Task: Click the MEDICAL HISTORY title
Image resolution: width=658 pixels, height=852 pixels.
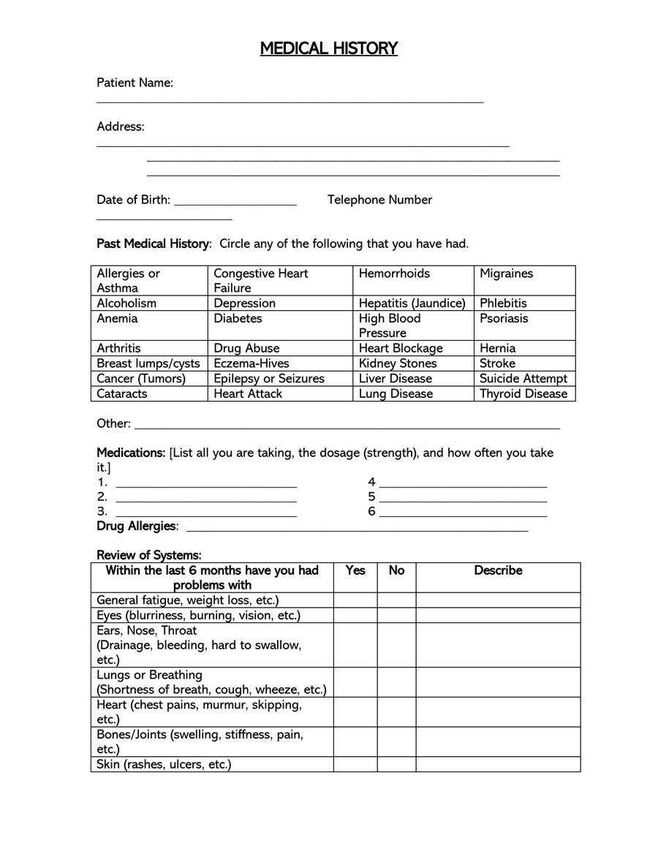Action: pyautogui.click(x=329, y=48)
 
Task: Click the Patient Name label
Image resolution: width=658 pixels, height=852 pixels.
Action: pyautogui.click(x=135, y=83)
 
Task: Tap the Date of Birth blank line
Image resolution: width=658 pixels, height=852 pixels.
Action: pyautogui.click(x=235, y=205)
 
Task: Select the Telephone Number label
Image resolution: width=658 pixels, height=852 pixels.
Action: pyautogui.click(x=379, y=200)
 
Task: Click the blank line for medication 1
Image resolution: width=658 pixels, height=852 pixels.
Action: pyautogui.click(x=206, y=486)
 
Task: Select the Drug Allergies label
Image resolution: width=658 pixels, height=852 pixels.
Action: pyautogui.click(x=137, y=526)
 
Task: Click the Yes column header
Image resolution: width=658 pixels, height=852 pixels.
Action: pyautogui.click(x=355, y=570)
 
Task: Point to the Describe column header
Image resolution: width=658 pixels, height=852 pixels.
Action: pyautogui.click(x=498, y=570)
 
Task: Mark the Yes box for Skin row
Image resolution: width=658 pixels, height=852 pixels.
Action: pyautogui.click(x=355, y=764)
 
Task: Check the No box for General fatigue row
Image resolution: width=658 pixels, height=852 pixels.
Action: pyautogui.click(x=396, y=600)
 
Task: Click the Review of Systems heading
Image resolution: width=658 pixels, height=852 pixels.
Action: pyautogui.click(x=149, y=555)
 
